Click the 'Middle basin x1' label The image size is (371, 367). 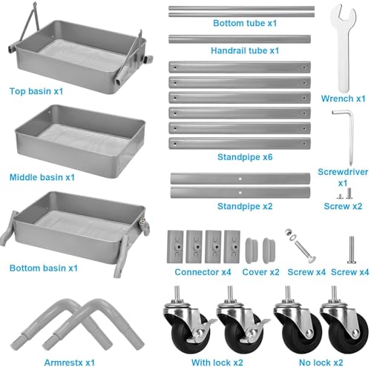[42, 177]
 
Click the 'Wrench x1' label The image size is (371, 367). [343, 98]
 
